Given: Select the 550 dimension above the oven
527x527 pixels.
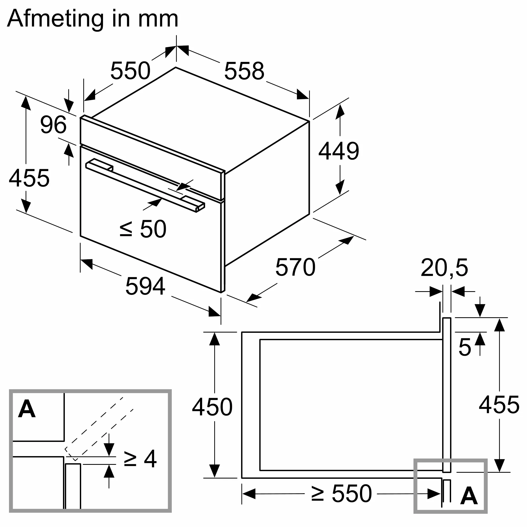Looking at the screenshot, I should (130, 71).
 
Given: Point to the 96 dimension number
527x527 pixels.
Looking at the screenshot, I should (53, 125).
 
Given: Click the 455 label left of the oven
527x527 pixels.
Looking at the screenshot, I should (29, 178).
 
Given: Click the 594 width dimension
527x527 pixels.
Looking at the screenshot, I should (145, 286).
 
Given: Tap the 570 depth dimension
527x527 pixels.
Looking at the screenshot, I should (295, 267).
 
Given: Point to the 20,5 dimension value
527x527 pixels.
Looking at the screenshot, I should (444, 268).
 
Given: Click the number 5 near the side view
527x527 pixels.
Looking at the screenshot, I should (465, 347).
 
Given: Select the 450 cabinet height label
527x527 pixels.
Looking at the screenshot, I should (212, 407).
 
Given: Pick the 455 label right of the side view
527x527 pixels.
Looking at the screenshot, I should (499, 405).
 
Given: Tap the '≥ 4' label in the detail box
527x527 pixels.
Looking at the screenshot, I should (140, 459).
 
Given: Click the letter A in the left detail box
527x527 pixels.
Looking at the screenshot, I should (27, 409).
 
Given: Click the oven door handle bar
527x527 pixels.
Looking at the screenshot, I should (145, 186).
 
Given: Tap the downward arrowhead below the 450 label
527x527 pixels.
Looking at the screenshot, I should (214, 471).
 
